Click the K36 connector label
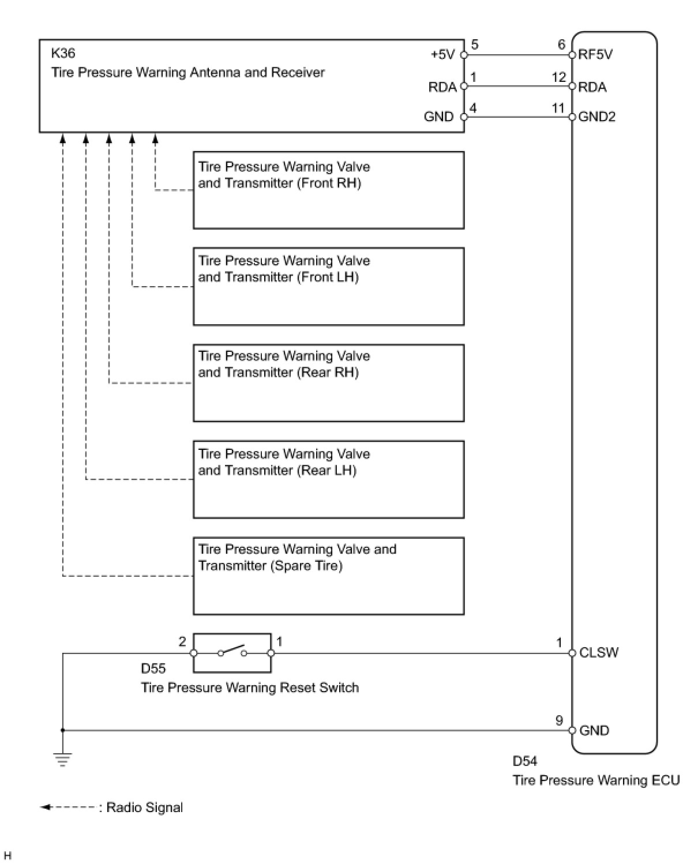tap(63, 54)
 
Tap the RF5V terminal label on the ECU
tap(595, 55)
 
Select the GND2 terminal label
tap(596, 117)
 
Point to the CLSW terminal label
tap(598, 652)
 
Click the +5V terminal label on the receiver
tap(442, 55)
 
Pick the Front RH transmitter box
tap(328, 190)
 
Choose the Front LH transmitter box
tap(328, 287)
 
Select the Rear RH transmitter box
tap(328, 383)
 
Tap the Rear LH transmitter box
tap(328, 479)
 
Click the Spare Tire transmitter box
tap(328, 576)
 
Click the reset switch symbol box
tap(232, 653)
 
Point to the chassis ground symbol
tap(63, 759)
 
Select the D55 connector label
tap(153, 668)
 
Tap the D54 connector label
tap(524, 761)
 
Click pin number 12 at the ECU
tap(558, 77)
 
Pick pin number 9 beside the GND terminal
tap(558, 720)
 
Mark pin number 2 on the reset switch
tap(182, 642)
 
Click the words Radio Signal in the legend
tap(144, 807)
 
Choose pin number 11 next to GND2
tap(558, 108)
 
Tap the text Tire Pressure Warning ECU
tap(596, 780)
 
